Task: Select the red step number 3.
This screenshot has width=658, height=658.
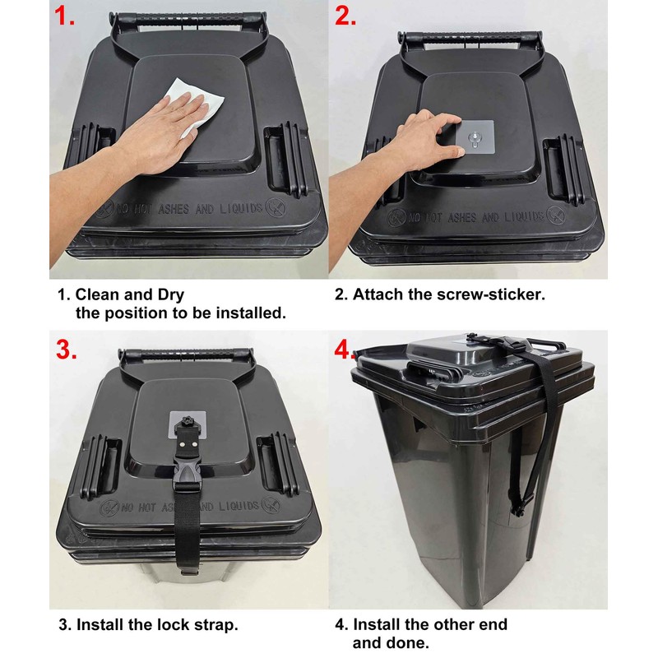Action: pyautogui.click(x=67, y=349)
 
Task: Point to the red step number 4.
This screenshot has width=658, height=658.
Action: pyautogui.click(x=346, y=350)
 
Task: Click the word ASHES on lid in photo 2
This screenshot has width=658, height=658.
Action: pyautogui.click(x=452, y=217)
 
